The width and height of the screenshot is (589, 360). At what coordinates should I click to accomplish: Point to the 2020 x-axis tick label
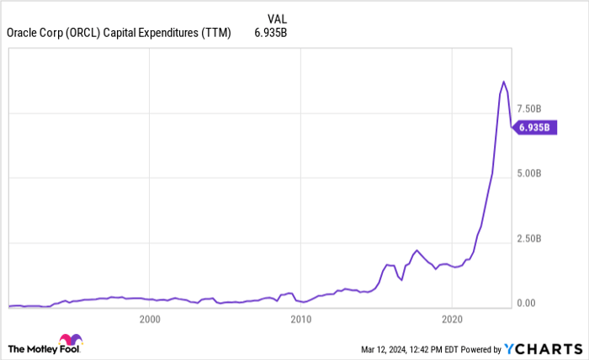452,319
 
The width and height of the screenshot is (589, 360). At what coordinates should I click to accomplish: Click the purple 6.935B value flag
533,128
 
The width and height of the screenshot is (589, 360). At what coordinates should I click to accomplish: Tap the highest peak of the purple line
503,82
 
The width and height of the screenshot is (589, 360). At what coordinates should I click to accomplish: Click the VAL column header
277,17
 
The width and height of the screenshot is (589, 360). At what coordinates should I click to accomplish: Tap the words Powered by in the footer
477,348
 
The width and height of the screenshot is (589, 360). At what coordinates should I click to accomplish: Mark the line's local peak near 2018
416,250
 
